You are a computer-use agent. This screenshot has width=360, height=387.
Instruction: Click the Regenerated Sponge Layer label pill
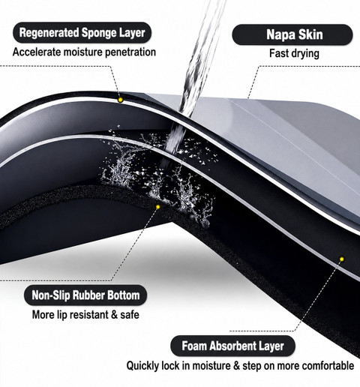82,33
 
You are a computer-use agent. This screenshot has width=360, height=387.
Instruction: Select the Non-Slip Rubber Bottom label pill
85,295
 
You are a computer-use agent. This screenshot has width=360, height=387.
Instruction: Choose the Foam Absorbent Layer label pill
232,346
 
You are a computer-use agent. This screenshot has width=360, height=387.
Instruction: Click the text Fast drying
294,53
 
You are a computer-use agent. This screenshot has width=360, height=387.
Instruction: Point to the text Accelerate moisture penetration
84,52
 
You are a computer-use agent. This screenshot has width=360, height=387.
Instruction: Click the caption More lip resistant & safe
85,314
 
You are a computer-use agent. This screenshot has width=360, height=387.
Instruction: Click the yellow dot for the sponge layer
121,100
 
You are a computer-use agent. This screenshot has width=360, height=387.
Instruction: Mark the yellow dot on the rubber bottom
157,207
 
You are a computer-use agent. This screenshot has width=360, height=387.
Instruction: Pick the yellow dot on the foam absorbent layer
342,259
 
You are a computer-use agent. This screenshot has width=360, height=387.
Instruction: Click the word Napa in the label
279,34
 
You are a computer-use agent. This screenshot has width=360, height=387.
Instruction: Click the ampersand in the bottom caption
236,366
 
